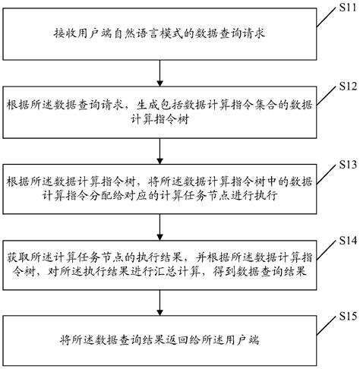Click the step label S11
click(x=343, y=8)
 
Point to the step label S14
click(x=343, y=240)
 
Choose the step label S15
click(x=343, y=314)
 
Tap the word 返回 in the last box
click(x=188, y=339)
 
